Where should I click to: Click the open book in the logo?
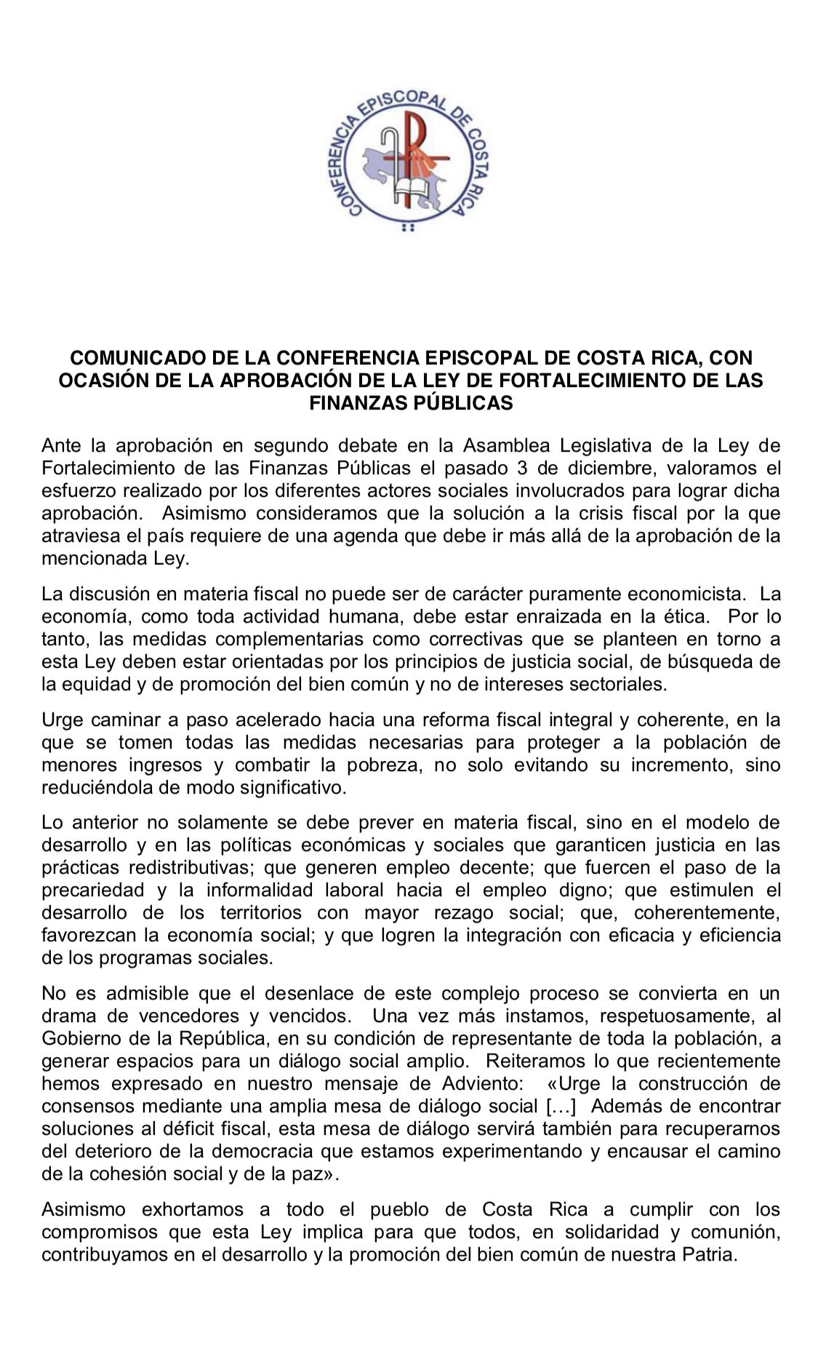click(409, 191)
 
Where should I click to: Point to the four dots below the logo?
click(408, 228)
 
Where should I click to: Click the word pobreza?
click(422, 765)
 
